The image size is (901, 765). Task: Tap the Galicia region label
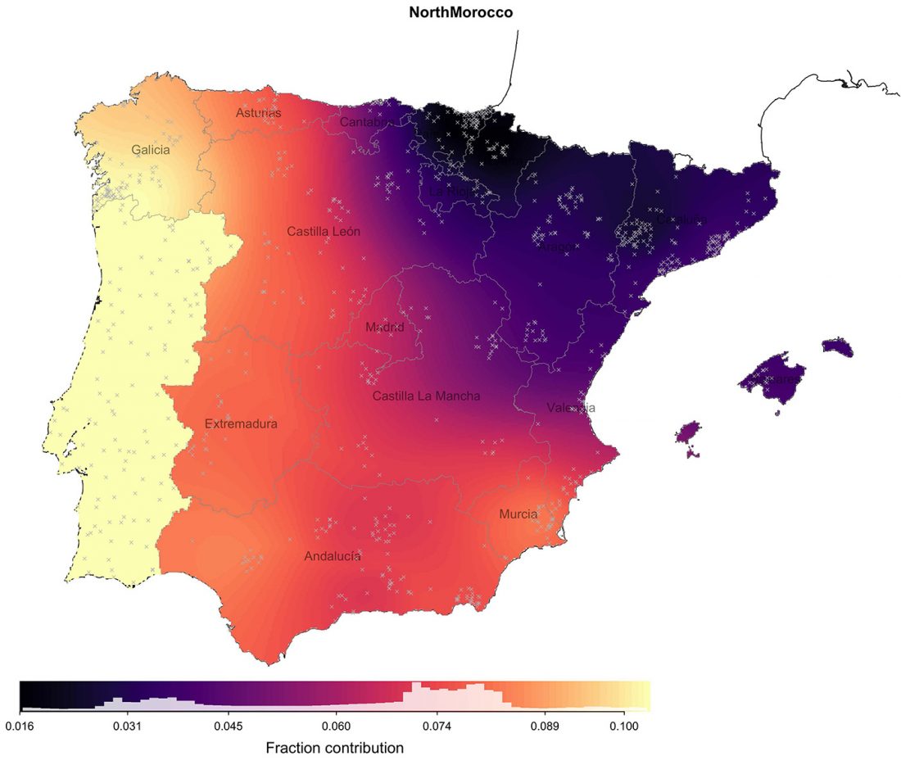[x=151, y=150]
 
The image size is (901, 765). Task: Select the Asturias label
[x=258, y=113]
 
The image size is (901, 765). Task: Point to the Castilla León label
[x=324, y=232]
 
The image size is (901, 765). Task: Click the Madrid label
[x=384, y=327]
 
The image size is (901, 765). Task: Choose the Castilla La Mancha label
[x=426, y=396]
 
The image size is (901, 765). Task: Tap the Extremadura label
[x=241, y=424]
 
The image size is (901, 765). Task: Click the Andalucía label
[x=332, y=556]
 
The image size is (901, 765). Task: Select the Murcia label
[x=518, y=514]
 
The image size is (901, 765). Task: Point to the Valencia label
[x=571, y=407]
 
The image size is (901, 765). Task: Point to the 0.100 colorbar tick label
[x=624, y=726]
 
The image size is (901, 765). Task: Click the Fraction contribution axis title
[x=334, y=748]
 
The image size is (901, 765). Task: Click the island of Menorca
[x=837, y=346]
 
